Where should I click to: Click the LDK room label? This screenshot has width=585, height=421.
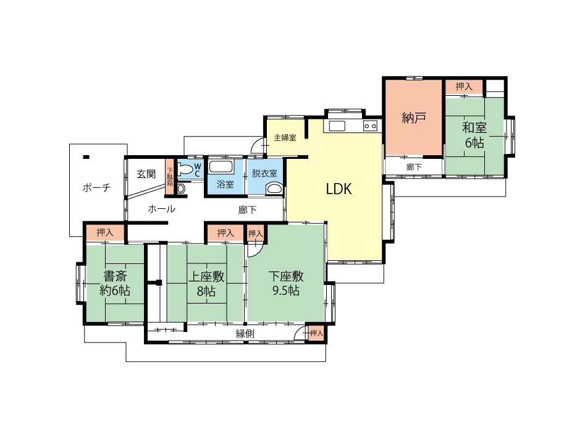(339, 189)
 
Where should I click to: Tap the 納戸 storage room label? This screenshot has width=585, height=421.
(414, 118)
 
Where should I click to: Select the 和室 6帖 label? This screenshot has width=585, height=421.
(474, 135)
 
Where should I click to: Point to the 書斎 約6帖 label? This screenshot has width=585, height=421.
(115, 283)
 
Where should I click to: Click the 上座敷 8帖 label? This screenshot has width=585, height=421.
(206, 283)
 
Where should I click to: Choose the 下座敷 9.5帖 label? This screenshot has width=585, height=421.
(286, 283)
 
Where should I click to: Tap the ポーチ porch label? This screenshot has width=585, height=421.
(96, 187)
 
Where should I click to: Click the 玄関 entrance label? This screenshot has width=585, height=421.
(146, 174)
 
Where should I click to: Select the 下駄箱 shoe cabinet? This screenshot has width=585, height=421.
(170, 177)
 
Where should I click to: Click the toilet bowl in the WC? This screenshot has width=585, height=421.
(185, 171)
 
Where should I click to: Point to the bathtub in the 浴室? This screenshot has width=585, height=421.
(221, 167)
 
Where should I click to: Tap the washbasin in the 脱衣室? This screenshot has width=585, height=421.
(275, 189)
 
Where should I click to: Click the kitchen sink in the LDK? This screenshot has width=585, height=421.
(337, 125)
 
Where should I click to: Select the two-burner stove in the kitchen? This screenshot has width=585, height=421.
(370, 126)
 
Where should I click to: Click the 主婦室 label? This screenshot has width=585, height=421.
(285, 138)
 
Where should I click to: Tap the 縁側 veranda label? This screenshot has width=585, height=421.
(245, 333)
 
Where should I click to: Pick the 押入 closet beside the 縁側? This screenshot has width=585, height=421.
(316, 333)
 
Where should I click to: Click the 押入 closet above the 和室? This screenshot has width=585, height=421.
(464, 87)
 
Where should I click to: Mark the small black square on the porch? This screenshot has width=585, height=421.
(86, 157)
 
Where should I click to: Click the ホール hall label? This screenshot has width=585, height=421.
(162, 209)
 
